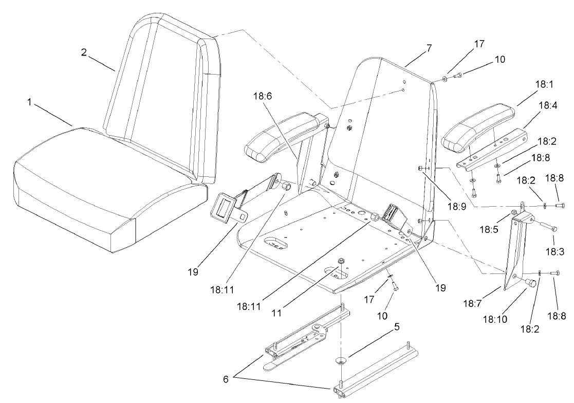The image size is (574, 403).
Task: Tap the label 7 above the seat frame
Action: tap(429, 48)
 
